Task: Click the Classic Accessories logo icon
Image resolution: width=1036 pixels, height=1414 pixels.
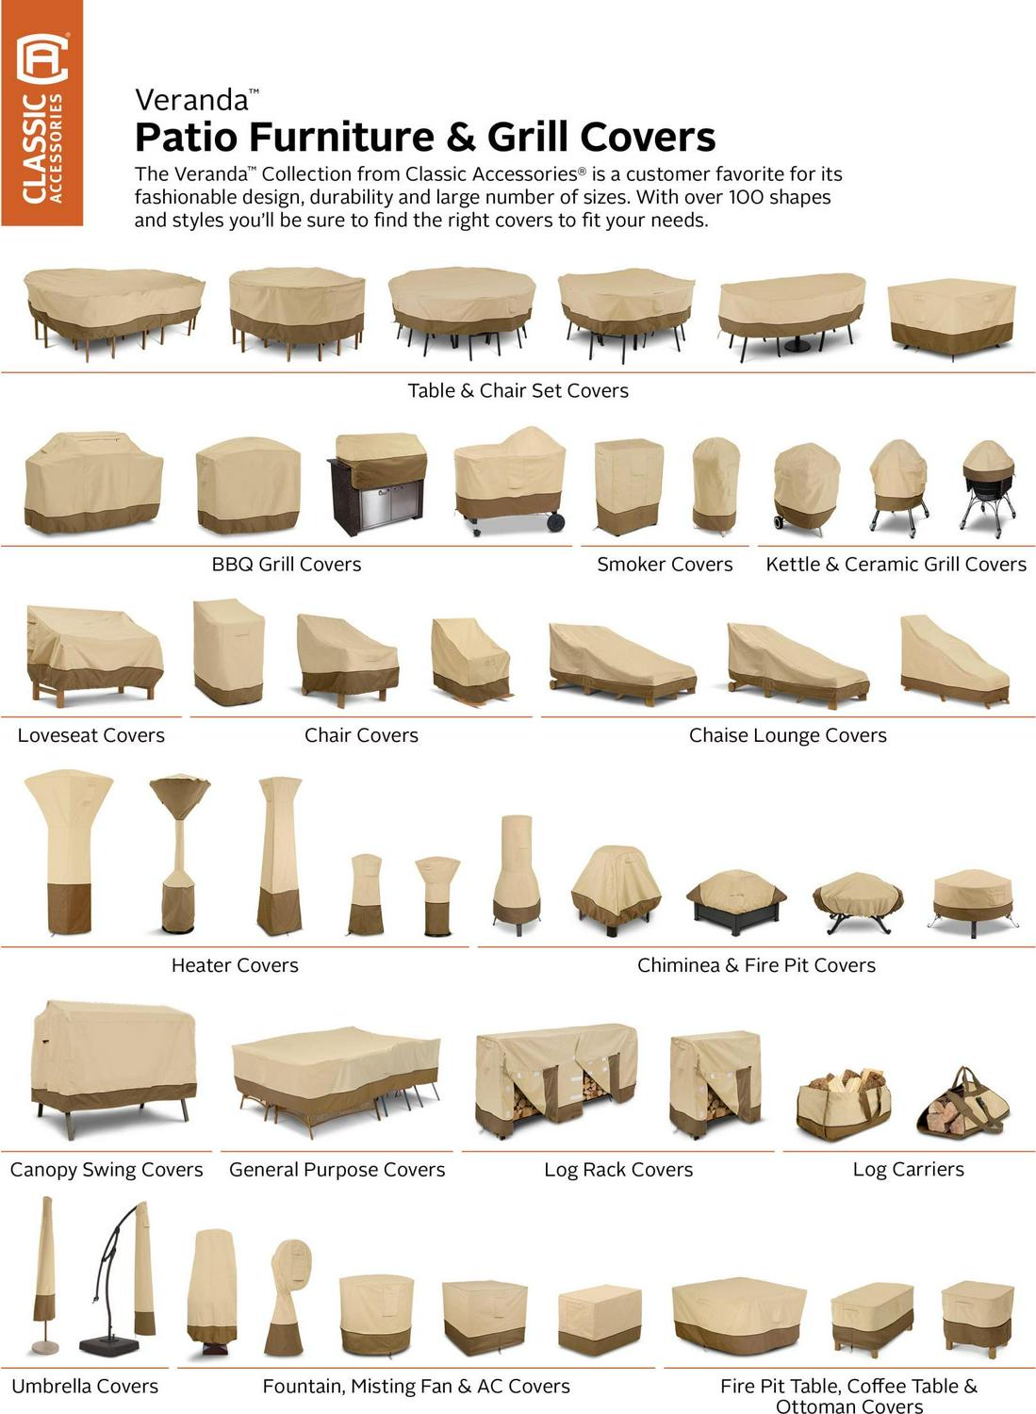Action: pos(42,58)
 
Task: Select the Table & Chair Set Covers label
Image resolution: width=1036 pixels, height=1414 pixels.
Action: pos(518,391)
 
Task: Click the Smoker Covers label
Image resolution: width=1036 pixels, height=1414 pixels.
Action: pos(665,564)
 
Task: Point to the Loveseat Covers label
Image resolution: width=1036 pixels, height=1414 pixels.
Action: pos(90,734)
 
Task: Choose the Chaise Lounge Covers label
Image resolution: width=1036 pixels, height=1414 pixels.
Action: pos(788,734)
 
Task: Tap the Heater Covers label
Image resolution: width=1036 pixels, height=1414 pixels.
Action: pos(235,965)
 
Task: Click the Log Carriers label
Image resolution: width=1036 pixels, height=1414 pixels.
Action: pos(909,1169)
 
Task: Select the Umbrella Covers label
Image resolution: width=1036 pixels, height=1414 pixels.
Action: pos(85,1386)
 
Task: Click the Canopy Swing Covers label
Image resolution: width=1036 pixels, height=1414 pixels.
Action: pos(107,1169)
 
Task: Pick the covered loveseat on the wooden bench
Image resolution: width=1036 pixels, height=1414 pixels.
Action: pos(94,656)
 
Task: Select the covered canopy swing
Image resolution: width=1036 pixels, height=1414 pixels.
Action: pos(114,1068)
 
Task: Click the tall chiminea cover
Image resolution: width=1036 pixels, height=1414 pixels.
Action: pos(517,875)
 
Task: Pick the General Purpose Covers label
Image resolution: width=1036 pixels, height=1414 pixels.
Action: pos(337,1169)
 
